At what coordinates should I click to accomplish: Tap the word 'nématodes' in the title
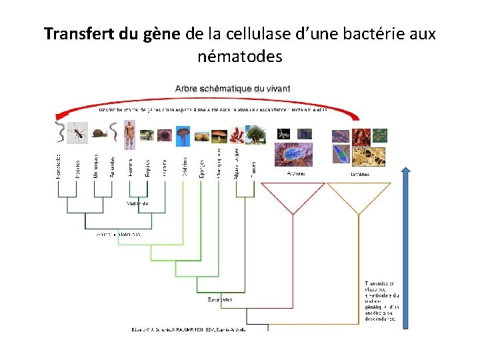(240, 57)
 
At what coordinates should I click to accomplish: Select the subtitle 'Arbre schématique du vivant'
(233, 88)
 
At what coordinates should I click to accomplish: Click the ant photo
(78, 133)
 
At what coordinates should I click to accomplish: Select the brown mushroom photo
(219, 135)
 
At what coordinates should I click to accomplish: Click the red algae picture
(237, 135)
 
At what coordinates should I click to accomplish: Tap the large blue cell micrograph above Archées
(294, 155)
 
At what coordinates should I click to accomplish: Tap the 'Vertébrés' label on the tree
(137, 203)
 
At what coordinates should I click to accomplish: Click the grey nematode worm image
(59, 133)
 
